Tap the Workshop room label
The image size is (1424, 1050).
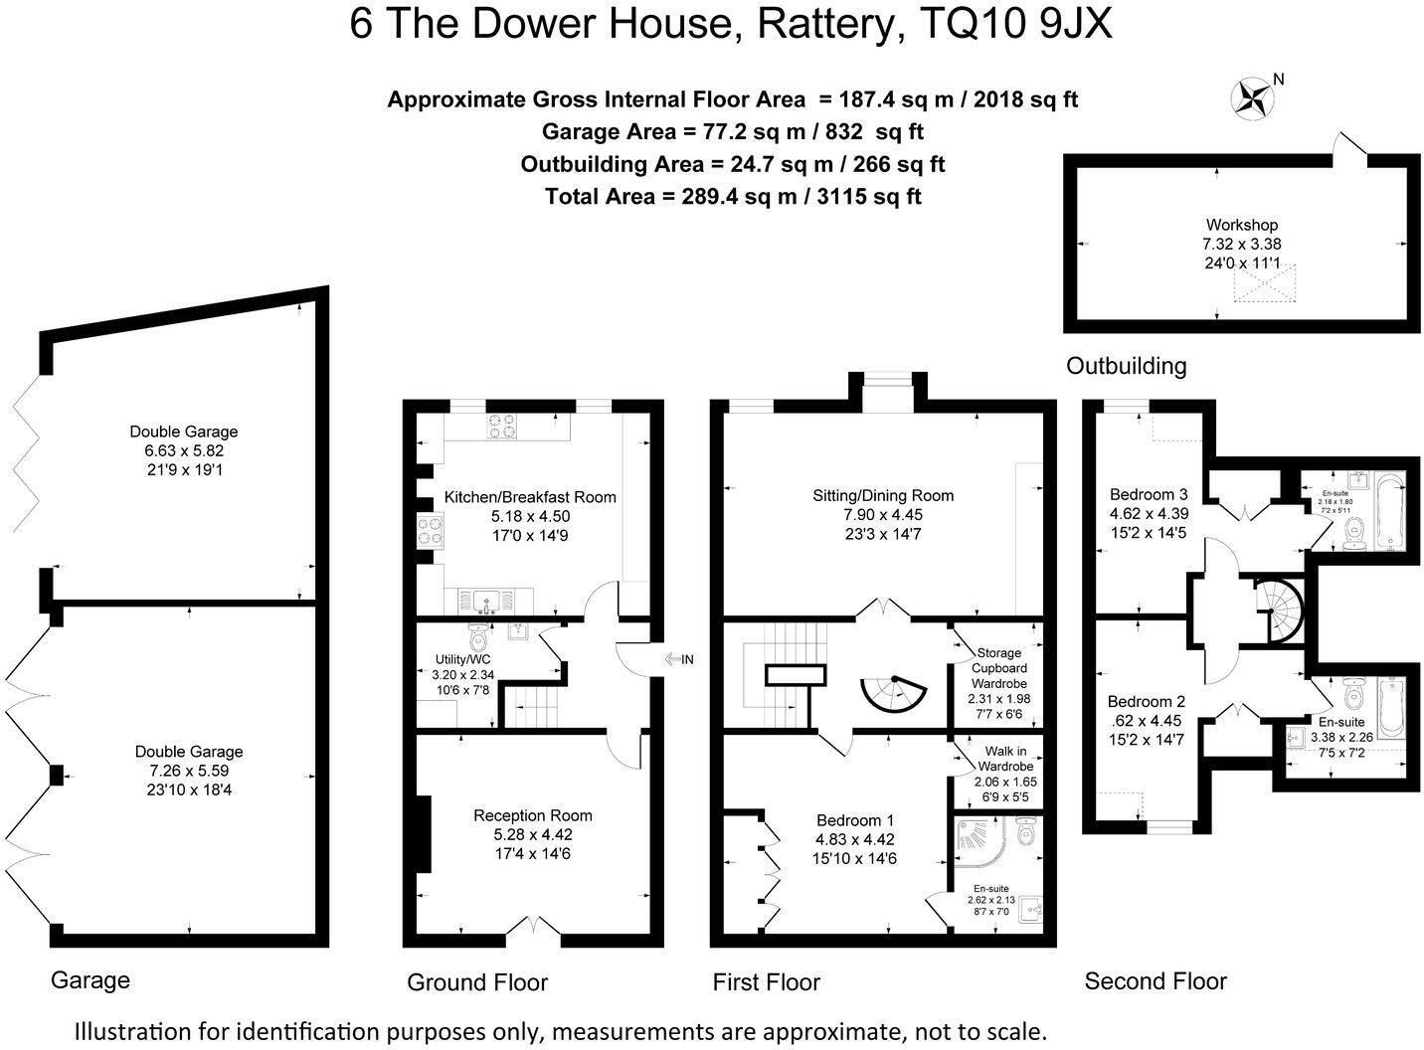1241,225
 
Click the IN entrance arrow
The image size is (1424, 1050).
680,659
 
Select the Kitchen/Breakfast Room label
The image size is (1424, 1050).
530,497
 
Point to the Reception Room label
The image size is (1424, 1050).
532,815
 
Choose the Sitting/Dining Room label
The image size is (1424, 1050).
882,495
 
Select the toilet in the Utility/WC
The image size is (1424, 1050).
478,633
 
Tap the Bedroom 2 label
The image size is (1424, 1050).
1146,701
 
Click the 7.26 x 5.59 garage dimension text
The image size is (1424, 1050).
189,771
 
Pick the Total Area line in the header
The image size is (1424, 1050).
733,196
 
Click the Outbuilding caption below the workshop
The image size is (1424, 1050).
1126,366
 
